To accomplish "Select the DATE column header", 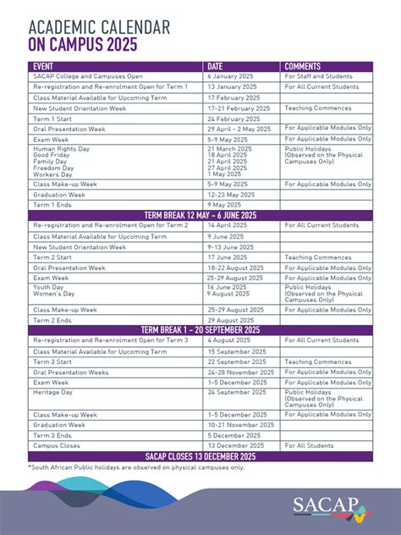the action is click(x=216, y=66).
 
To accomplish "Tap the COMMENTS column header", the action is click(x=303, y=66).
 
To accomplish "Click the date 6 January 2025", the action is click(x=230, y=76).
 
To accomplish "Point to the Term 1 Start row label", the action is click(x=52, y=119).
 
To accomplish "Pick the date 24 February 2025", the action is click(x=233, y=119).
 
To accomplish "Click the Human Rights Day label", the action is click(x=62, y=148).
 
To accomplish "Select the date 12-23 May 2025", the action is click(x=230, y=194).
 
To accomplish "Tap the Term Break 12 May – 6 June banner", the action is click(x=200, y=215).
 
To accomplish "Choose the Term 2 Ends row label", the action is click(x=52, y=320).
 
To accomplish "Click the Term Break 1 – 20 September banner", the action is click(x=200, y=330).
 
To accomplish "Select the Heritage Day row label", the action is click(x=53, y=393).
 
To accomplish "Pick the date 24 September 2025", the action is click(x=236, y=393).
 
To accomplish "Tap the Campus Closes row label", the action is click(x=57, y=445).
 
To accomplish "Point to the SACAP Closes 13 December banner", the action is click(x=200, y=456).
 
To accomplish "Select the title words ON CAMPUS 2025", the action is click(x=82, y=45).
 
